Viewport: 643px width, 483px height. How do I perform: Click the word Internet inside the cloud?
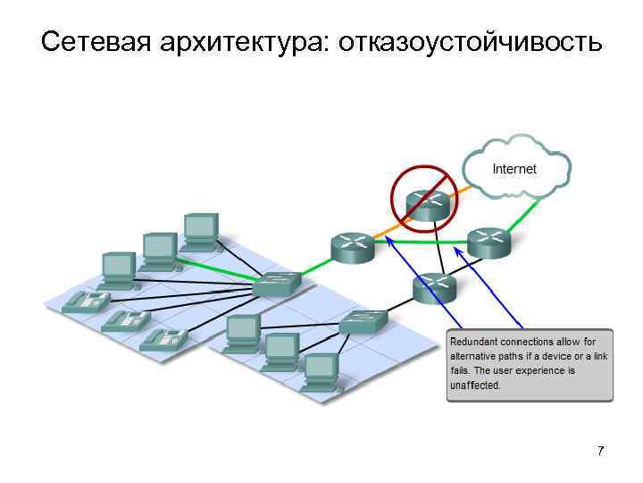click(x=514, y=168)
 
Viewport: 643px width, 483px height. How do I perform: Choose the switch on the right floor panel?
click(x=363, y=321)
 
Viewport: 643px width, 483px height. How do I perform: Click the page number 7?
click(x=600, y=450)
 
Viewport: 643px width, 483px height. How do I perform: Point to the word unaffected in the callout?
click(x=475, y=386)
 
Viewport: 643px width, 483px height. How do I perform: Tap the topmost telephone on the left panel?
click(x=86, y=301)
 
